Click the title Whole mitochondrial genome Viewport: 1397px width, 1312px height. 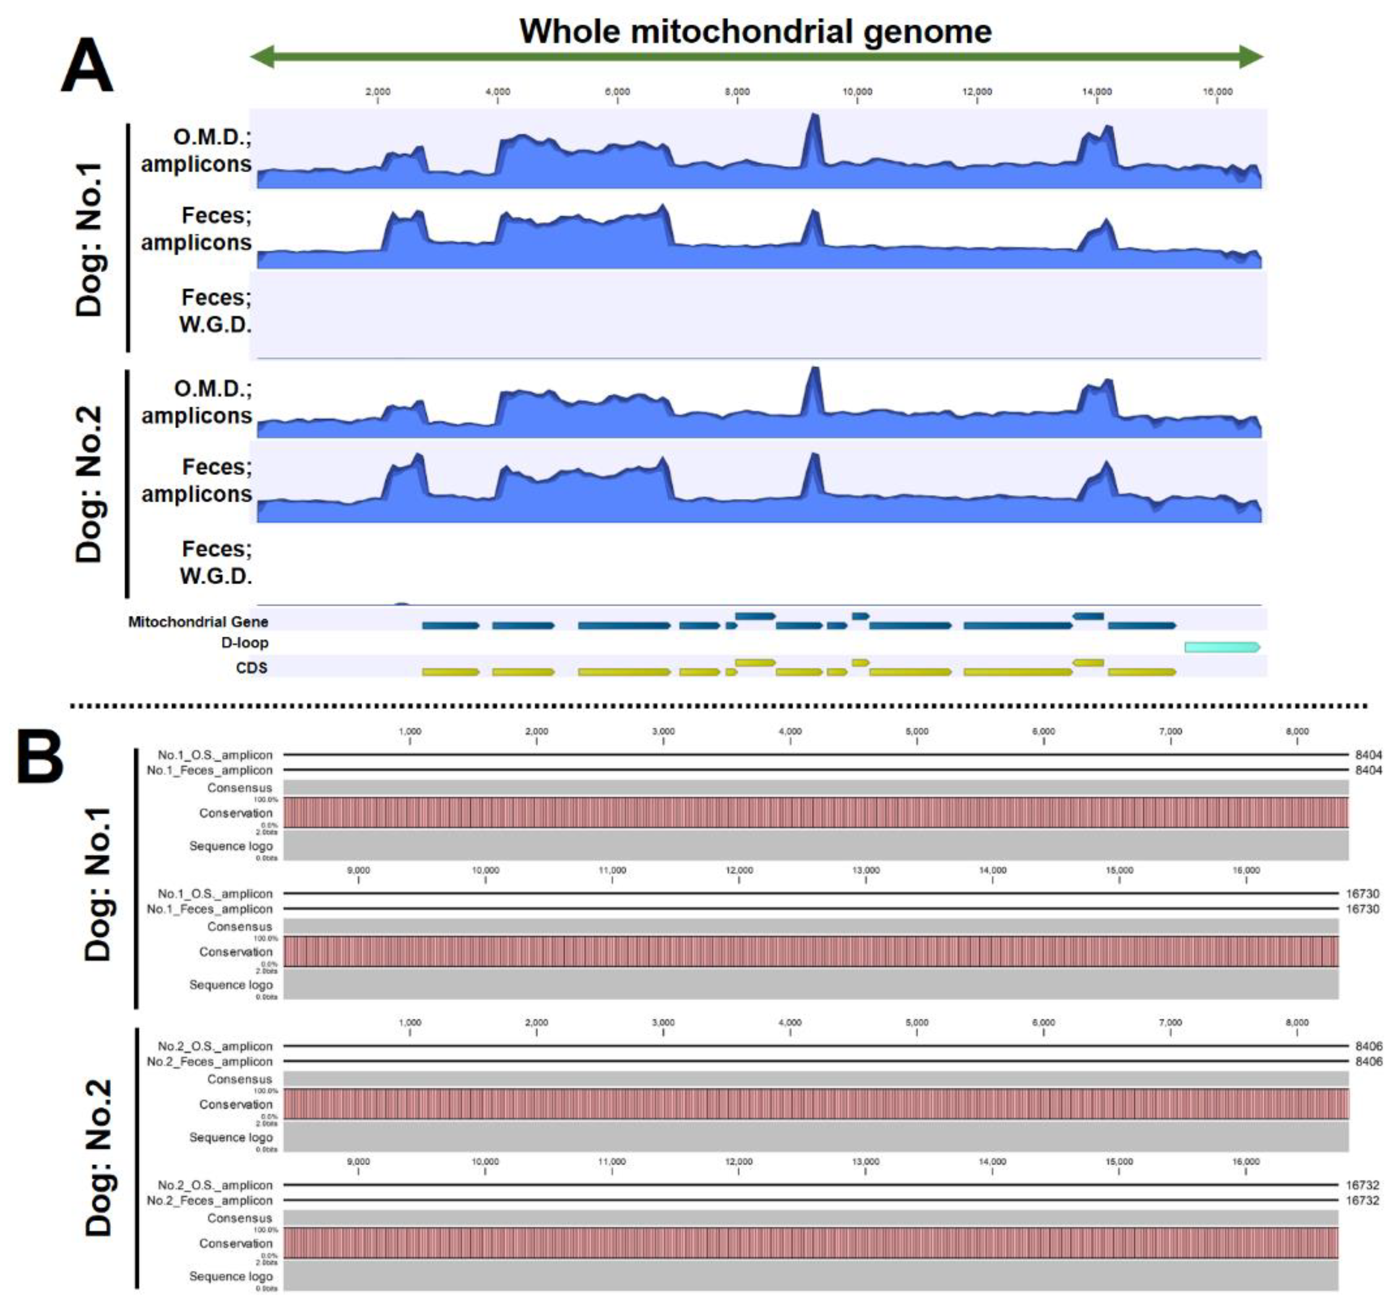click(x=755, y=32)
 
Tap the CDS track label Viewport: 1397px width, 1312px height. click(x=252, y=667)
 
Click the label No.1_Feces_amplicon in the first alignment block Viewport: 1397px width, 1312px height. click(x=210, y=770)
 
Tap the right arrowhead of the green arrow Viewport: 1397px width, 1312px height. click(x=1251, y=56)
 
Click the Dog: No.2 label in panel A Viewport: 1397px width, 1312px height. click(x=90, y=484)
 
